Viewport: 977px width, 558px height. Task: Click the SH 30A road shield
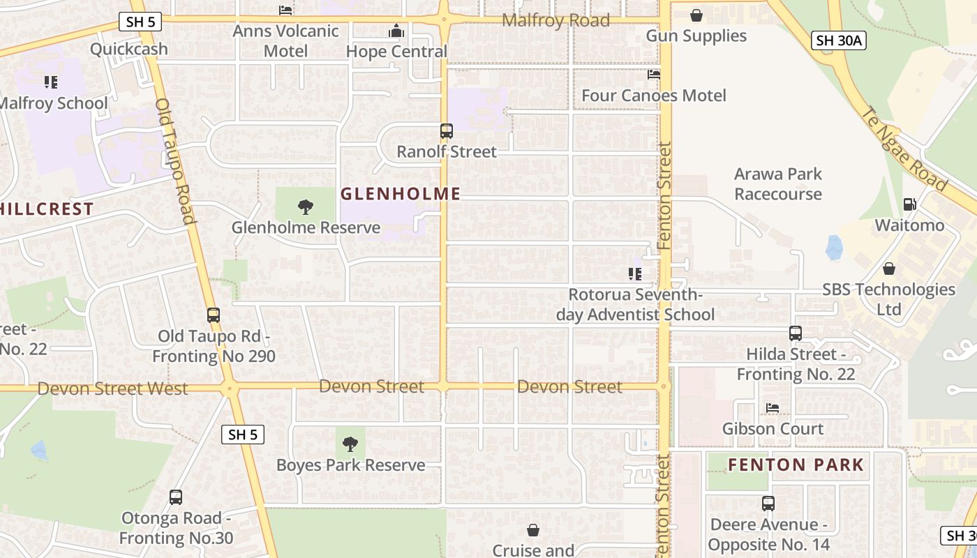(x=840, y=41)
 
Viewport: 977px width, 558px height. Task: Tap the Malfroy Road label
(x=555, y=20)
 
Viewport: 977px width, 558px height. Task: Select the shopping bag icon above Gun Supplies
(x=696, y=15)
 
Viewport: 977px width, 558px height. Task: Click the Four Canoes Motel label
(x=654, y=96)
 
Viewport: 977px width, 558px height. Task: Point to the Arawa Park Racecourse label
(x=778, y=184)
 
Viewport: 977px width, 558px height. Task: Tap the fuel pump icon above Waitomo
(x=910, y=204)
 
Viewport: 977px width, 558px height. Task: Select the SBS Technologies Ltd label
(x=888, y=299)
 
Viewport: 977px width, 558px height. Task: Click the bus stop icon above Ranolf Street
(x=447, y=131)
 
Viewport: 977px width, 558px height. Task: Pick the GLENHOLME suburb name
(x=401, y=194)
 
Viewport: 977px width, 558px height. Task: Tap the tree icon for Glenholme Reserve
(x=305, y=206)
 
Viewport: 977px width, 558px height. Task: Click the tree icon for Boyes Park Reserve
(x=350, y=444)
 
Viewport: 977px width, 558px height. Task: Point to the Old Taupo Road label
(x=174, y=160)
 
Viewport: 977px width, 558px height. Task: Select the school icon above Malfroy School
(x=51, y=82)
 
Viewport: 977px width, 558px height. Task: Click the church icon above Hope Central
(x=396, y=31)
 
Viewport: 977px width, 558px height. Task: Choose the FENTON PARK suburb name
(x=796, y=465)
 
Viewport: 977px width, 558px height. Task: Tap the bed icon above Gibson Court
(x=773, y=408)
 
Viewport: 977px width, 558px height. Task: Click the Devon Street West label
(x=112, y=389)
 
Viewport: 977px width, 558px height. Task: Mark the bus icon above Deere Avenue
(x=768, y=503)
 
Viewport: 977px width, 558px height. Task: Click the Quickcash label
(x=129, y=49)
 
